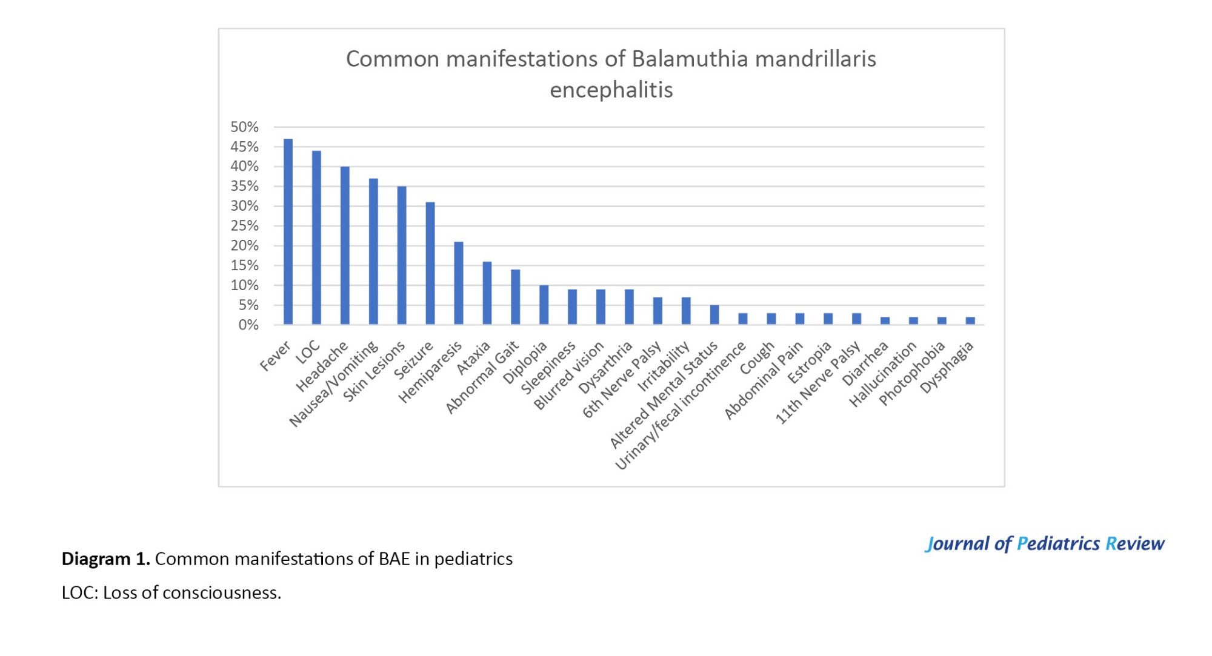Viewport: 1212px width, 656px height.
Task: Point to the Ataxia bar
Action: [487, 293]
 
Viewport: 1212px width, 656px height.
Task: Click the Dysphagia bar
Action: [970, 320]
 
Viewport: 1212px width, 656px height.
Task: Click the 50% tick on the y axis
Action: [244, 127]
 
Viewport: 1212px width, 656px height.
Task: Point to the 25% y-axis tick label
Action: [244, 226]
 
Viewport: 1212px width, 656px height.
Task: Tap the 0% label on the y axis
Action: [248, 325]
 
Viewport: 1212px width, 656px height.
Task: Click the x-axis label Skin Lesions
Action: [375, 371]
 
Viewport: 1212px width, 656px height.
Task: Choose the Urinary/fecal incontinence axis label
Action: [680, 406]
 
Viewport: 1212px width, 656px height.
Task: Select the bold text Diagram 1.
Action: [105, 558]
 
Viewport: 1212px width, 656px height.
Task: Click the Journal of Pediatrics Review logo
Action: [1045, 543]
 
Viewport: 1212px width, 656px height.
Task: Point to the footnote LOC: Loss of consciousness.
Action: [171, 592]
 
